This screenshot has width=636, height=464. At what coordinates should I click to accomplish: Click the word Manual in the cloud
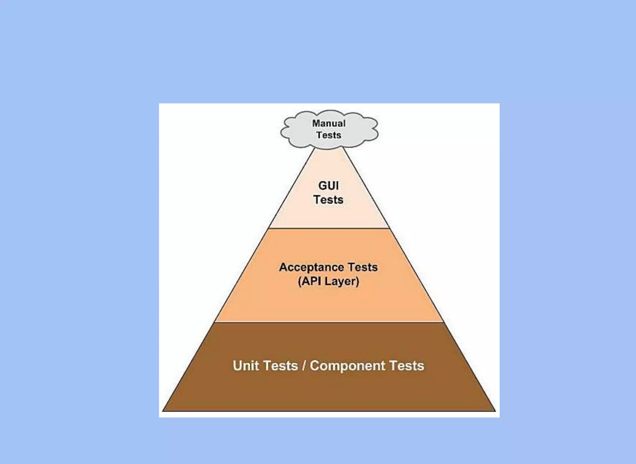click(x=329, y=123)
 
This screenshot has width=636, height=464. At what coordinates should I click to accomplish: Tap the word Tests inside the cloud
click(x=329, y=135)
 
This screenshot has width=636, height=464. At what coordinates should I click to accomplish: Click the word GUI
click(x=328, y=186)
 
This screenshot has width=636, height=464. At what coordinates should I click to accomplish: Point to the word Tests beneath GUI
click(x=328, y=200)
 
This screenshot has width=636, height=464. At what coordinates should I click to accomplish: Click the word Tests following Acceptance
click(x=362, y=267)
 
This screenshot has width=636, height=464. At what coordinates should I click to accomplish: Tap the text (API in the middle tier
click(x=309, y=281)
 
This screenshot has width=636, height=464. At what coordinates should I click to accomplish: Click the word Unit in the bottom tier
click(x=246, y=366)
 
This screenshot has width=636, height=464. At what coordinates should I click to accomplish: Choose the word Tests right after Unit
click(x=281, y=366)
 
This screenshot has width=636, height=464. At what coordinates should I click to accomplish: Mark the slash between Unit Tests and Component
click(x=304, y=366)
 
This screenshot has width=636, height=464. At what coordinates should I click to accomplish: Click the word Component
click(x=348, y=366)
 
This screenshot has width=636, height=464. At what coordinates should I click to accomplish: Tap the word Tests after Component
click(x=407, y=366)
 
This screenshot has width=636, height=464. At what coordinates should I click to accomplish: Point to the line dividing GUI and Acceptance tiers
click(x=329, y=228)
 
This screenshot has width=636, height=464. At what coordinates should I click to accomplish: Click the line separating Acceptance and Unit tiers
click(x=329, y=322)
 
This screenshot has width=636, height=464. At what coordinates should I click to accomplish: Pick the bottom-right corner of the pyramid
click(x=495, y=411)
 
